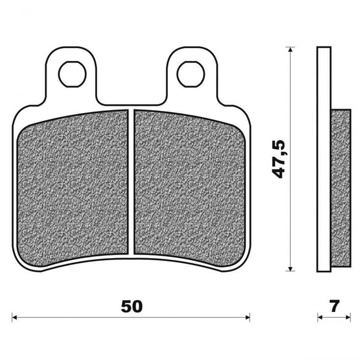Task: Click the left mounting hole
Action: point(72,74)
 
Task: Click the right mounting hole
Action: point(191,74)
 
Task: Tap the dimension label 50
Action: point(132,306)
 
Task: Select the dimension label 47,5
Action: point(279,159)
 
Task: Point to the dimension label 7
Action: point(334,306)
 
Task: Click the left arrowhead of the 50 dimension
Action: point(14,318)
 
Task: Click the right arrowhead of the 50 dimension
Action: point(247,318)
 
